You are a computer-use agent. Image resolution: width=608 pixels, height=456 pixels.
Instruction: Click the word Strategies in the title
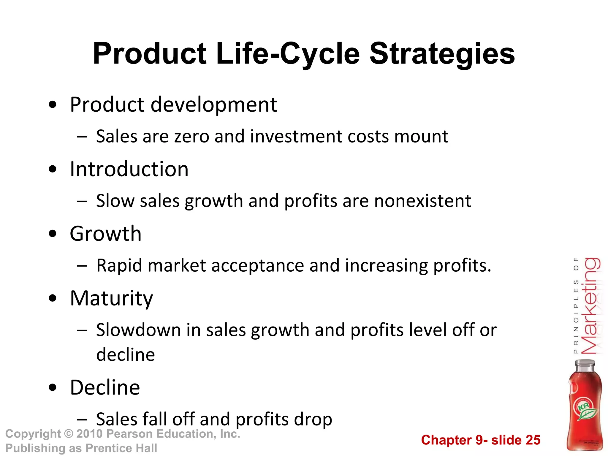click(x=442, y=54)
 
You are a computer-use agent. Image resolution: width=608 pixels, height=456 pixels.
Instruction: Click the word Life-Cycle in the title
click(x=288, y=54)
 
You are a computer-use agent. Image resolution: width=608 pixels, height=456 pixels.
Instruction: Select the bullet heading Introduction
click(x=129, y=169)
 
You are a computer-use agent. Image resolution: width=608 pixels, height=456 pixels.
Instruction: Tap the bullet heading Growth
click(x=105, y=234)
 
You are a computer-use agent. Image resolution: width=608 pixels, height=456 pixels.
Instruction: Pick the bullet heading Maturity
click(x=111, y=298)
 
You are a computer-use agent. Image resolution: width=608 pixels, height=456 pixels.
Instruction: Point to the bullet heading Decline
click(x=105, y=387)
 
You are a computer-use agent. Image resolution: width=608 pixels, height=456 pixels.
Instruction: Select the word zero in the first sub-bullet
click(x=191, y=137)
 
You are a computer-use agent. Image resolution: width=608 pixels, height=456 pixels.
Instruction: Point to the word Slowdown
click(x=138, y=330)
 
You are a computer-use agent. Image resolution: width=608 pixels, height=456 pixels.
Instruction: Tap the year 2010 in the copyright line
click(x=89, y=434)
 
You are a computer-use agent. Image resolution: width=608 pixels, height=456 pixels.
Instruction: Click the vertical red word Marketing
click(x=590, y=306)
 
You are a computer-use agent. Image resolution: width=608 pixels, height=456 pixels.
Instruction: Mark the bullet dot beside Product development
click(x=53, y=105)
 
